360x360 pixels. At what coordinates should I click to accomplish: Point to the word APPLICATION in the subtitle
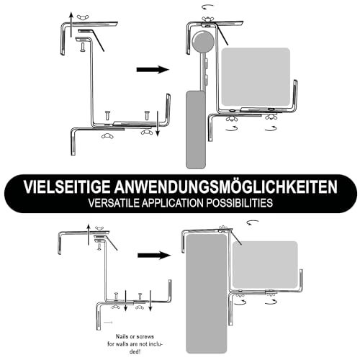[x=178, y=203]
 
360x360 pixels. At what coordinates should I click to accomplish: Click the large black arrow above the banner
[x=152, y=70]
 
